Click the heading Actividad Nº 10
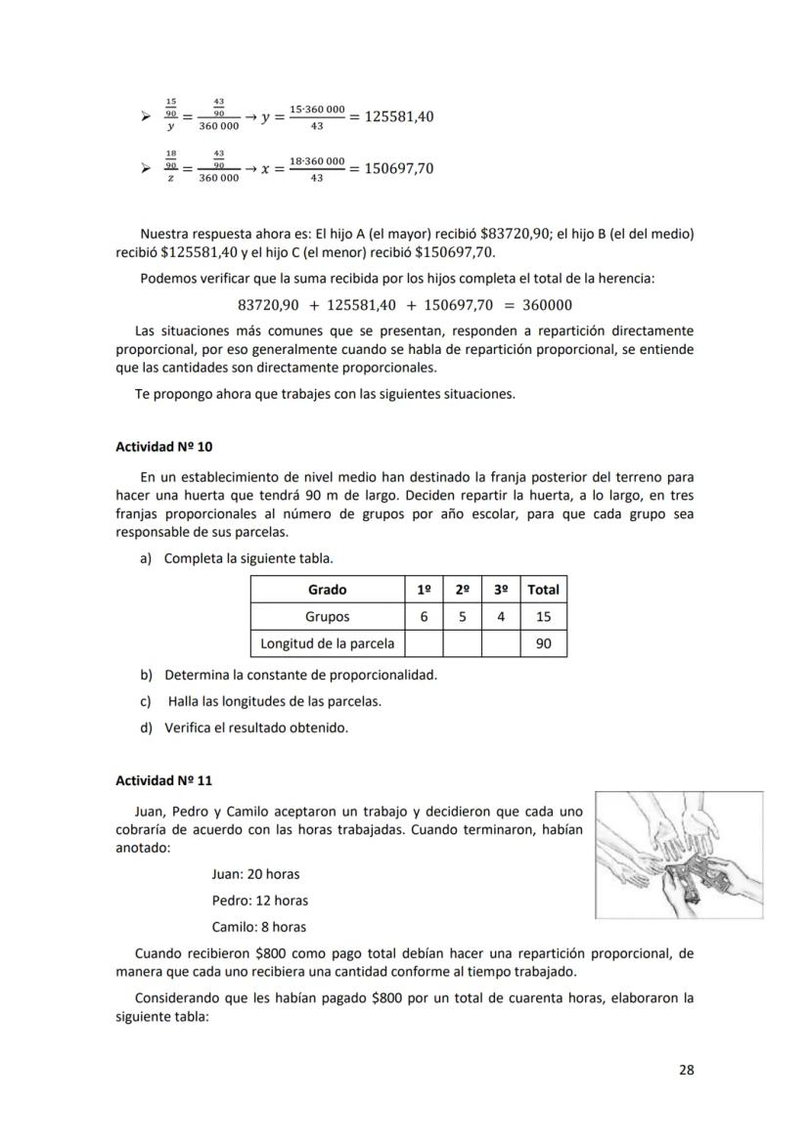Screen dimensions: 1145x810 163,447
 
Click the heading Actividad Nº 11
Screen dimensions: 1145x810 163,780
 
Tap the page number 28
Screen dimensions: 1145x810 686,1070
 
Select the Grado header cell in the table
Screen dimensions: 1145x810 327,590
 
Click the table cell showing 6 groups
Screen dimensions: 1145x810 424,617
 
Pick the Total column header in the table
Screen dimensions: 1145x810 543,590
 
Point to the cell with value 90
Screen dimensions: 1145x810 543,643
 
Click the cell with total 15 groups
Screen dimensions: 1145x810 543,617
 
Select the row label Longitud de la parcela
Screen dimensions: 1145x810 327,643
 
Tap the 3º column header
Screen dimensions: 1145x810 500,590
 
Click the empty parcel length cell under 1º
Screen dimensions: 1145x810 424,643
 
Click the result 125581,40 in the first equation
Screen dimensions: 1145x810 398,117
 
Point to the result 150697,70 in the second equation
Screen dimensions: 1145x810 398,169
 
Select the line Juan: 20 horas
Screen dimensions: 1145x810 255,874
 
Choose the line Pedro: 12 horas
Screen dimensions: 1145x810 259,901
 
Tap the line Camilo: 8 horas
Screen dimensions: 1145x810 258,927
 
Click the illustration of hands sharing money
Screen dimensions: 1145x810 679,855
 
